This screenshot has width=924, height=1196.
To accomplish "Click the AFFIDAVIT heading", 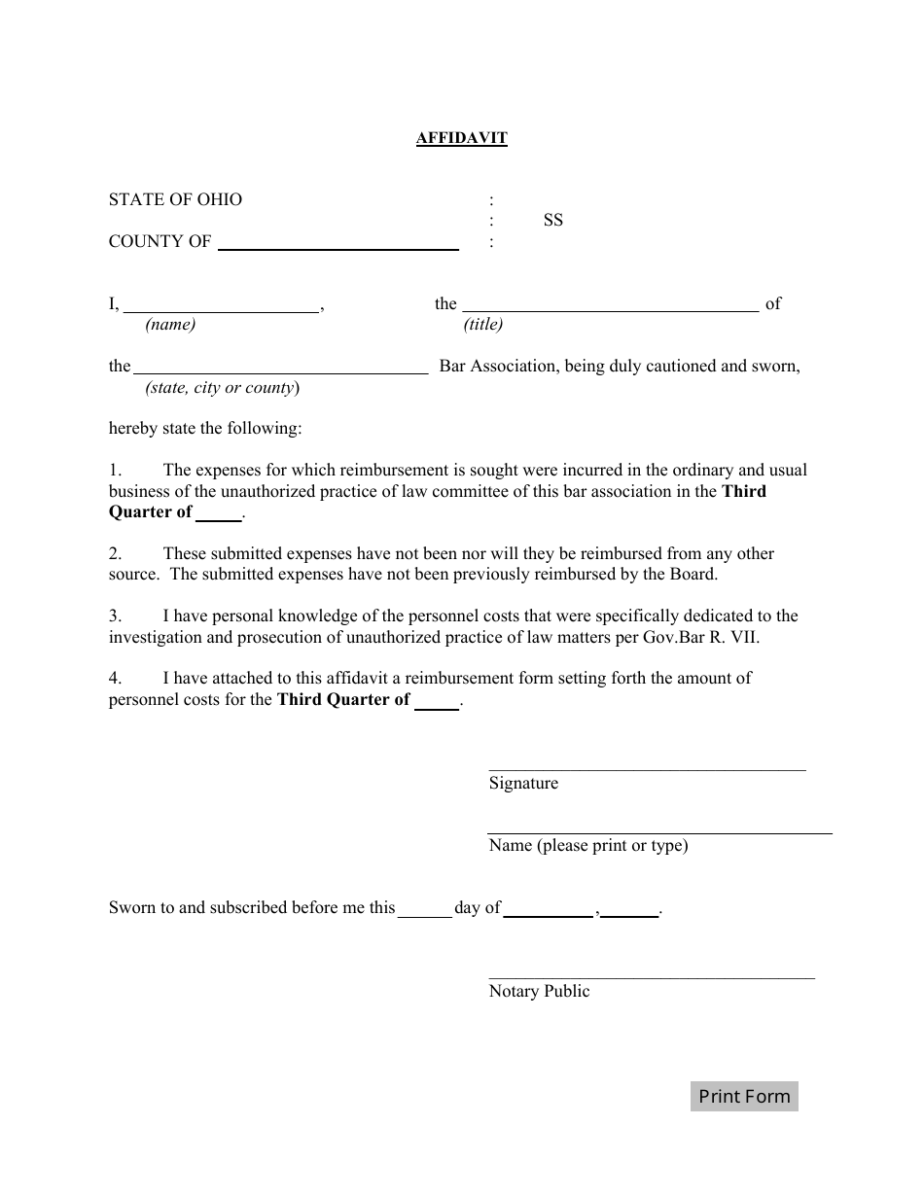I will tap(462, 138).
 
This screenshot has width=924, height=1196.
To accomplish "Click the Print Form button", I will tap(744, 1097).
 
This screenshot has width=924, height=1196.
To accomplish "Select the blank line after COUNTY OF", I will tap(338, 244).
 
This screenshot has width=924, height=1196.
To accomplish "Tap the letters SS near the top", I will tap(553, 221).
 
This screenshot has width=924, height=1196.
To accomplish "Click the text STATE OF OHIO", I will tap(175, 199).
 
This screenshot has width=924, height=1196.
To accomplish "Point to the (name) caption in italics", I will tap(170, 325).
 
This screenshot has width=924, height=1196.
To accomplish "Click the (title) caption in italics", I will tap(483, 325).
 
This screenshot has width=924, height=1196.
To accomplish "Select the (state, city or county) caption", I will tap(223, 388).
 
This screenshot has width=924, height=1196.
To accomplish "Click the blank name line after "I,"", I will tap(221, 305).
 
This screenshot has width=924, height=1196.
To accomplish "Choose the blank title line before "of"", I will tap(610, 305).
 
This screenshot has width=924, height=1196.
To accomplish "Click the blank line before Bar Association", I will tap(280, 369).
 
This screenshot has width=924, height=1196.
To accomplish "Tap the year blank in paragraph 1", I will tap(219, 514).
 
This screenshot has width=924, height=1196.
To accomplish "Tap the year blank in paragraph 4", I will tap(437, 702).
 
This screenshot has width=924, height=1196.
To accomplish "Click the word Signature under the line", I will tap(523, 784).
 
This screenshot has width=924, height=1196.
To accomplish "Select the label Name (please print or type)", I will tap(587, 846).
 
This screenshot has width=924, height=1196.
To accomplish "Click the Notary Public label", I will tap(539, 992).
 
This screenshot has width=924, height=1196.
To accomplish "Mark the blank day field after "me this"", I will tap(425, 910).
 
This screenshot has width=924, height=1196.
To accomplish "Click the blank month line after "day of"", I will tap(549, 910).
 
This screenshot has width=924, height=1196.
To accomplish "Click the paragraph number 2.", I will tap(115, 554).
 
